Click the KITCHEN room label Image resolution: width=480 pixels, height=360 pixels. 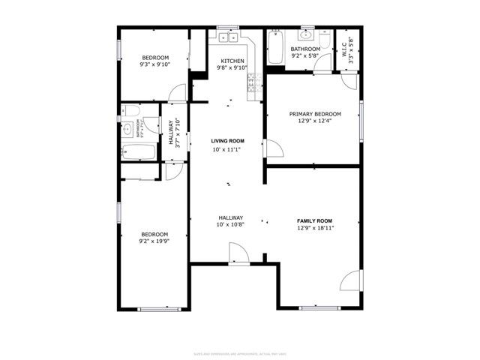pos(231,61)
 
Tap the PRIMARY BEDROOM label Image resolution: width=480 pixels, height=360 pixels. pos(315,114)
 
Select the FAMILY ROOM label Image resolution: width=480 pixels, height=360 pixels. pos(314,220)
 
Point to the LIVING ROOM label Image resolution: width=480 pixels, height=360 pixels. pos(227,141)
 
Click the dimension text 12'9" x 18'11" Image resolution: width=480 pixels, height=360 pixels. pos(315,229)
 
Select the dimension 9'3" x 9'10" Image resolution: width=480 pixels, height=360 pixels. pos(155,64)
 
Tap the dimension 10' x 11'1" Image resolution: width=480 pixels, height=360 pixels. pos(227,150)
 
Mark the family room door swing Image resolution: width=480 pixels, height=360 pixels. pos(350,281)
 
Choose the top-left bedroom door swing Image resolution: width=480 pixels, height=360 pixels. pos(178,93)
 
